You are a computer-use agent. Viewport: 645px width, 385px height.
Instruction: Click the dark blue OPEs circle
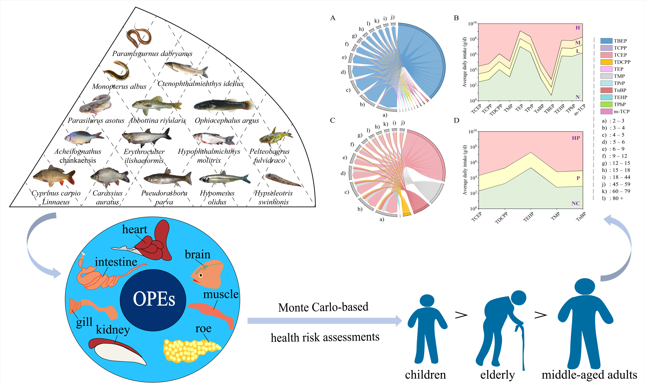(x=153, y=300)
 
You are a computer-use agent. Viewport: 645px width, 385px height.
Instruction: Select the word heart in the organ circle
(x=135, y=229)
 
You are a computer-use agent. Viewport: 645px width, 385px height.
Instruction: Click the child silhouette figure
(x=427, y=329)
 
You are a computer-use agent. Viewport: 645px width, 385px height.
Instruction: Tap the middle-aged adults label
(x=589, y=375)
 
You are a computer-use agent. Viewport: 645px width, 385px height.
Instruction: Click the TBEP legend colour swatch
(x=606, y=41)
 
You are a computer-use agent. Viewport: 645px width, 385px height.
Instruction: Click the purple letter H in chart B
(x=577, y=28)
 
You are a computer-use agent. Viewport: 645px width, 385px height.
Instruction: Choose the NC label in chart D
(x=575, y=203)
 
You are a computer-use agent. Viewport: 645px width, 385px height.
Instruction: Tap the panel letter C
(x=333, y=120)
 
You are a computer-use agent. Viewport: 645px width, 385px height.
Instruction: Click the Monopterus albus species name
(x=119, y=86)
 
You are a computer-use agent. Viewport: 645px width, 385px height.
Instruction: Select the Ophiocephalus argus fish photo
(x=224, y=105)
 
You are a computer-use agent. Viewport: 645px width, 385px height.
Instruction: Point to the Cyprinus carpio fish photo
(x=54, y=176)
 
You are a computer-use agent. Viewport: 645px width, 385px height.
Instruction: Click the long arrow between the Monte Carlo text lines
(x=325, y=321)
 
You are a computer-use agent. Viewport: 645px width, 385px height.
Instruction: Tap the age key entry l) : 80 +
(x=613, y=198)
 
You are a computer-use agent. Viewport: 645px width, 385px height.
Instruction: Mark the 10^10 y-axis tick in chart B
(x=472, y=24)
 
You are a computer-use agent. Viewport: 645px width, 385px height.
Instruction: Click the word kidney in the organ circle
(x=113, y=329)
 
